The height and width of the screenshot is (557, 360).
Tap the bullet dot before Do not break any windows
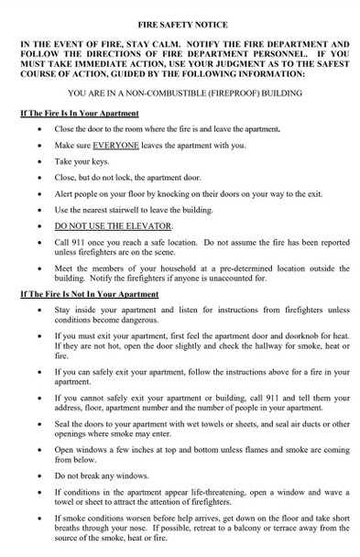click(x=38, y=477)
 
